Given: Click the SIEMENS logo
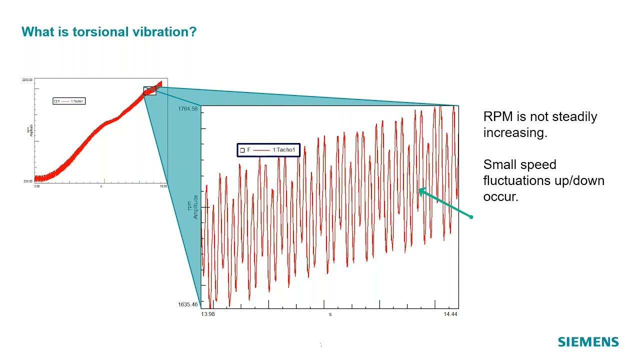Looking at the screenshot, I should coord(588,342).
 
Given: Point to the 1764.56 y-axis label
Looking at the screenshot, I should coord(187,109).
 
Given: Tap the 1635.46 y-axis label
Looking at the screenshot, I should coord(187,304).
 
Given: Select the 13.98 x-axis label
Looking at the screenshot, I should coord(208,314).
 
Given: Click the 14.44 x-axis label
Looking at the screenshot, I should coord(450,314).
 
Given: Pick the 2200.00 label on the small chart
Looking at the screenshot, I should coord(27,80).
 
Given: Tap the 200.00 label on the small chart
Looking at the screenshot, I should coord(27,181).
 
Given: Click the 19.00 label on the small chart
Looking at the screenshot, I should coord(163,186).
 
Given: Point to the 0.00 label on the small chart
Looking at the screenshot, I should coord(37,186).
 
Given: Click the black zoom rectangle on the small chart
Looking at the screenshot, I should coord(149,90).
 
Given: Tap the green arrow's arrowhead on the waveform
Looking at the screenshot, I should coord(420,190).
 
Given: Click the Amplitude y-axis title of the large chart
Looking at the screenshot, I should coord(195,207).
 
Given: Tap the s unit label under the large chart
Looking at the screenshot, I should coord(330,314).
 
